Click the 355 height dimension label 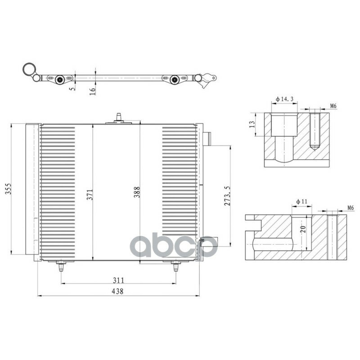pos(8,189)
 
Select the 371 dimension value pos(90,194)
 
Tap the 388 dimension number pos(137,192)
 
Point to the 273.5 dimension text pos(227,196)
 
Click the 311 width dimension pos(118,280)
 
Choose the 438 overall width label pos(117,291)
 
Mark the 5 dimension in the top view pos(72,88)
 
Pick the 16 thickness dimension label pos(92,91)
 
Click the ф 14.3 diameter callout pos(285,99)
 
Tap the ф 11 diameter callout pos(301,202)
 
